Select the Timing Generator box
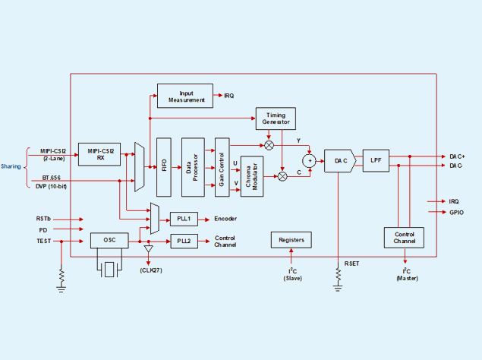click(x=275, y=118)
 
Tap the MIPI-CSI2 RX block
click(x=100, y=155)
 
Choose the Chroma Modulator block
click(x=252, y=177)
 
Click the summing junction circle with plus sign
click(x=309, y=160)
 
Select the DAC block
click(x=339, y=160)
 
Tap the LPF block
click(x=376, y=160)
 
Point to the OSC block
click(x=109, y=241)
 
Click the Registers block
click(x=291, y=241)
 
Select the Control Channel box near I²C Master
click(x=405, y=237)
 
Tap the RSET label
click(x=352, y=263)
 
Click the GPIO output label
click(x=455, y=213)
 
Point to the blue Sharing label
click(x=11, y=166)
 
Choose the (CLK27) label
click(x=150, y=270)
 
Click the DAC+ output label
click(x=456, y=156)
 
